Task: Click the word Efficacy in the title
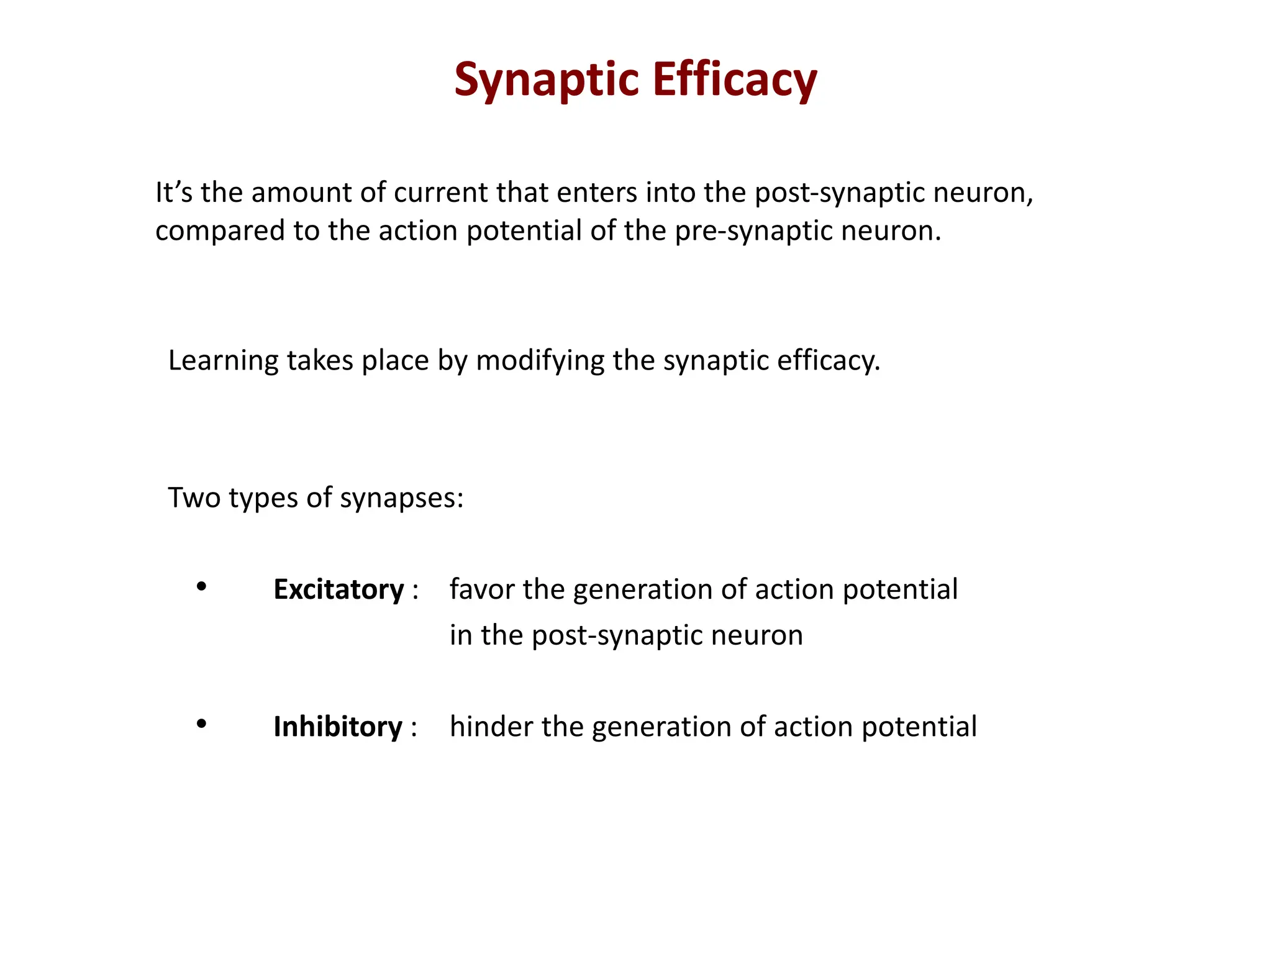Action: [x=735, y=81]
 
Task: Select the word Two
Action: [x=194, y=498]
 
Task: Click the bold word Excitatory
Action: [x=338, y=590]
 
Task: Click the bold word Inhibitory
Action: [x=338, y=727]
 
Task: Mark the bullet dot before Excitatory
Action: [x=201, y=586]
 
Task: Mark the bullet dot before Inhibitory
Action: [x=201, y=724]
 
